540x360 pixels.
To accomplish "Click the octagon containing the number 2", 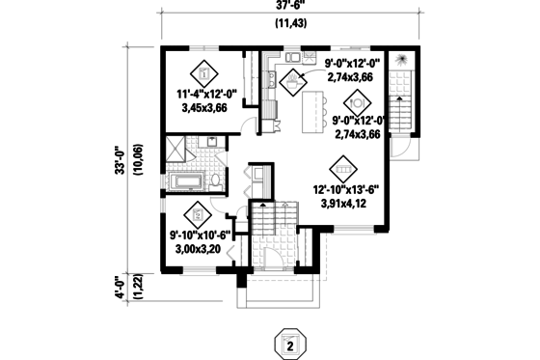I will point(286,343).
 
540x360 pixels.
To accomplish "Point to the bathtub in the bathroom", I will point(189,181).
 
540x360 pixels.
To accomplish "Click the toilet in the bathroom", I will point(217,180).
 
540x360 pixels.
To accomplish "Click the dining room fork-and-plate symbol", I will point(356,99).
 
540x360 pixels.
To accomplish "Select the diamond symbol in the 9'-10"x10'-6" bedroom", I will point(198,213).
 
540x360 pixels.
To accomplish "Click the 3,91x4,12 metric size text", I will point(344,205).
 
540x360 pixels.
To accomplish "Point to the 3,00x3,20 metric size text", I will point(198,247).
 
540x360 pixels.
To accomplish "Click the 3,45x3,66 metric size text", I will point(203,110).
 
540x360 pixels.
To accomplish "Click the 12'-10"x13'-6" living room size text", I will point(344,190).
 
